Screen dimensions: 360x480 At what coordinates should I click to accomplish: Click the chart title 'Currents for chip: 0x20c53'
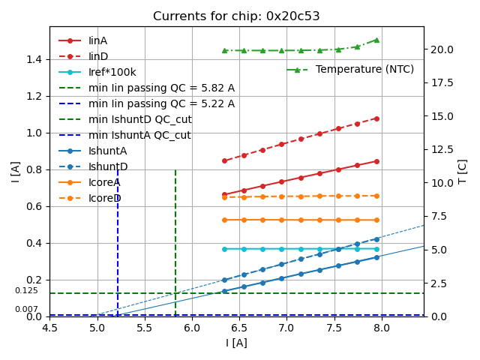[236, 16]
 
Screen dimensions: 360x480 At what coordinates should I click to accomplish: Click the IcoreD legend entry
[104, 198]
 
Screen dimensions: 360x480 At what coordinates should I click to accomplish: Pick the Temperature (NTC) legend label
[364, 69]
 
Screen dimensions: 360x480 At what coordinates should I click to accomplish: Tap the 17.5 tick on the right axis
[442, 115]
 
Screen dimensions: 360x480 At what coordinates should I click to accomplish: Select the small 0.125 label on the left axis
[26, 290]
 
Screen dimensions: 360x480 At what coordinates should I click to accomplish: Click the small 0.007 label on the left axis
[26, 309]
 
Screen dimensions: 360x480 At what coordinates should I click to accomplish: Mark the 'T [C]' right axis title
[463, 171]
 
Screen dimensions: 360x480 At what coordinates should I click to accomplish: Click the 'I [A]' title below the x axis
[236, 343]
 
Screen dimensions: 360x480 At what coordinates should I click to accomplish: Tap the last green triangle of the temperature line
[376, 40]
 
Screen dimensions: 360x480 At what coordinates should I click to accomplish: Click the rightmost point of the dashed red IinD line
[376, 118]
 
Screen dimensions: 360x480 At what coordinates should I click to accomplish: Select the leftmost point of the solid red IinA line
[224, 194]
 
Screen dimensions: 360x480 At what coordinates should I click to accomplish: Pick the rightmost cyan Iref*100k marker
[376, 249]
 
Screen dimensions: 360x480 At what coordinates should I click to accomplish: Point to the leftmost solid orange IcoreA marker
[224, 220]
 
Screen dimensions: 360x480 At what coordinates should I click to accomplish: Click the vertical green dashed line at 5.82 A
[175, 240]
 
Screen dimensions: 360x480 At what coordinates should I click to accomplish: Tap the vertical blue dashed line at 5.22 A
[118, 240]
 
